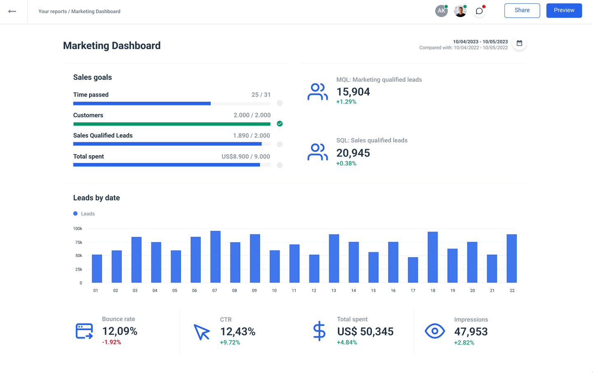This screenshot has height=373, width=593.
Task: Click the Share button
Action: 522,10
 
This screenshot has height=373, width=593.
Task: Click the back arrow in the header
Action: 12,12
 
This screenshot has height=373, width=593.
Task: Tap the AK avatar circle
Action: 441,11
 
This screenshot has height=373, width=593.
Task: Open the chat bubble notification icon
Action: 479,11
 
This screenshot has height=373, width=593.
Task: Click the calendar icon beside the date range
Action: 519,43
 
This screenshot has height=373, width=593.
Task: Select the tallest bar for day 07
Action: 215,256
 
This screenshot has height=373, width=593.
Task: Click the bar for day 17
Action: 413,270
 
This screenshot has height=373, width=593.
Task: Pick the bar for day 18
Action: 432,257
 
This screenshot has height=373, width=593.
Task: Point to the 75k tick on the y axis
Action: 79,242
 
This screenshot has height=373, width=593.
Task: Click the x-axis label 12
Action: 314,291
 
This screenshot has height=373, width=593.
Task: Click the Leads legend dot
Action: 75,214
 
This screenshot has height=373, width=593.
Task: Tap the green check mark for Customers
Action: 280,124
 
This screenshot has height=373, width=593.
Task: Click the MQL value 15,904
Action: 353,92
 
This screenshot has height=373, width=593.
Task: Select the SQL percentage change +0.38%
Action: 346,163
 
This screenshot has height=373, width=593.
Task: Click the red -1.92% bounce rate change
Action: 112,342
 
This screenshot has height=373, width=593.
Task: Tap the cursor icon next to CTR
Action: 202,332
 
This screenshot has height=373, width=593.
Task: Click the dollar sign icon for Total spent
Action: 319,331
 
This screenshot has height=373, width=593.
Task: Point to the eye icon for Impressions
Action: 434,331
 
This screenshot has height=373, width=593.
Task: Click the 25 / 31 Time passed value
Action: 261,95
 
